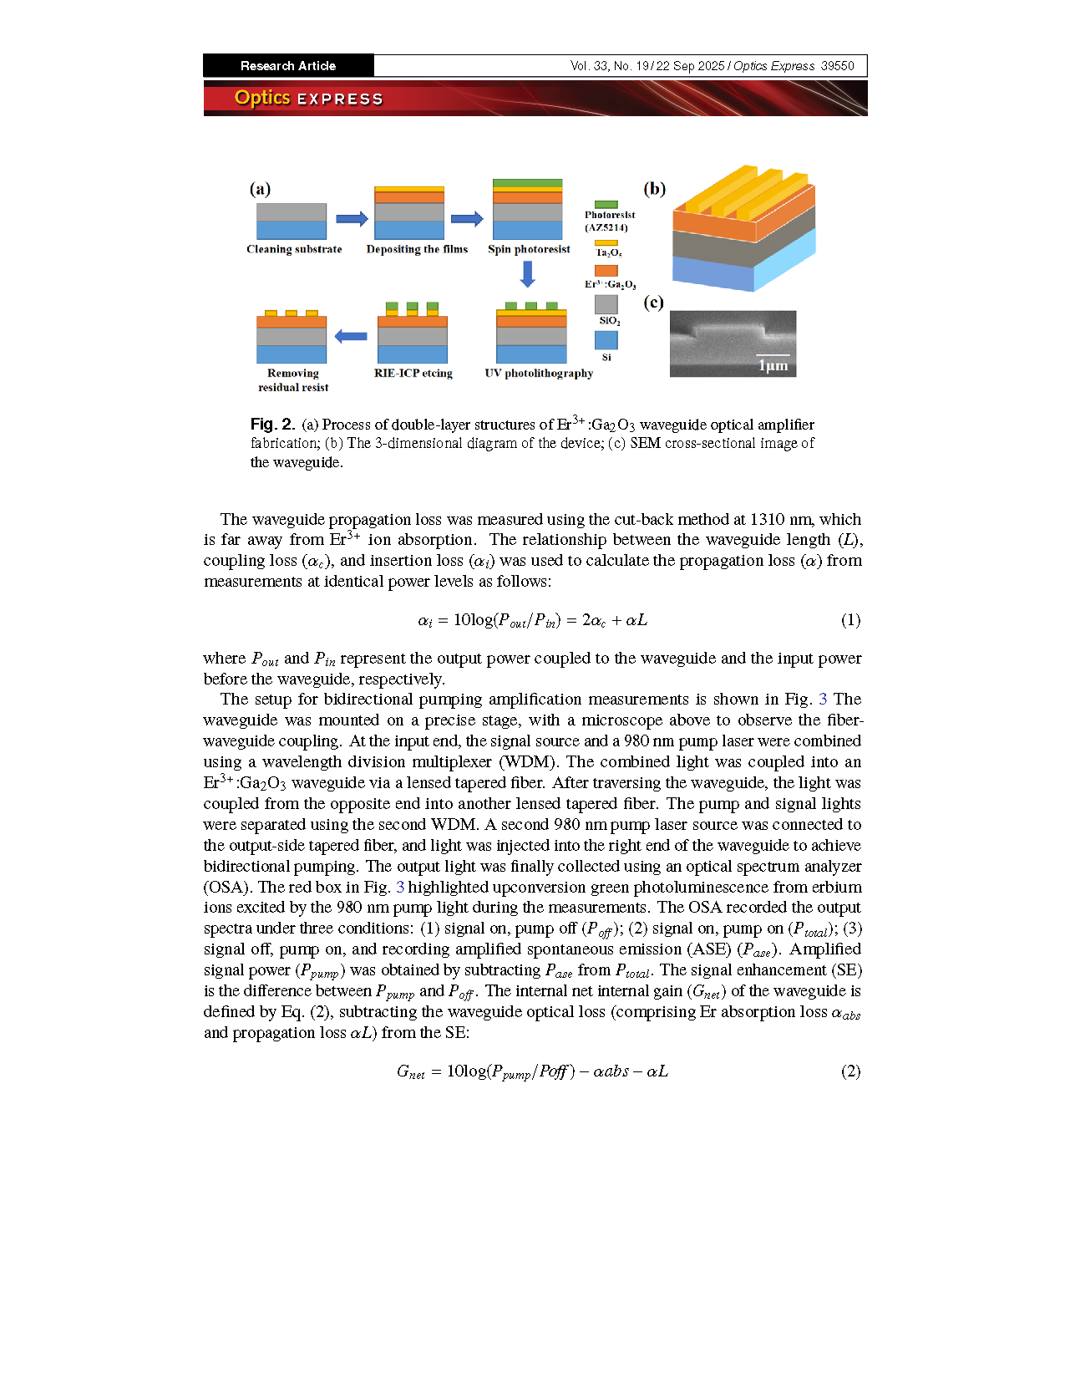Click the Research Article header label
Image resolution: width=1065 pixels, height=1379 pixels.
[x=287, y=66]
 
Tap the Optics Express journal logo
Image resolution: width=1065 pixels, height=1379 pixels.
[x=308, y=98]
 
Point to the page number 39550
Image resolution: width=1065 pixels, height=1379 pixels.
[x=837, y=66]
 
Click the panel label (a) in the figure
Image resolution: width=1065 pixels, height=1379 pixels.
[x=260, y=189]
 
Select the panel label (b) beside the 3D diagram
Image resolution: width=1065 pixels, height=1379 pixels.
[x=654, y=189]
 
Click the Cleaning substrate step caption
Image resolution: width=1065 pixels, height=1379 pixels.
[x=294, y=249]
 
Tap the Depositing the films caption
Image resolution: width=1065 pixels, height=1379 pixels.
[x=417, y=249]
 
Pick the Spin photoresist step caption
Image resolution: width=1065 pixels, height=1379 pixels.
[x=529, y=249]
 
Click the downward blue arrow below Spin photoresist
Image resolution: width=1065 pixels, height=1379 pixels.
[x=527, y=273]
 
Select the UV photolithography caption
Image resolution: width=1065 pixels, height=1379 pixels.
[x=539, y=374]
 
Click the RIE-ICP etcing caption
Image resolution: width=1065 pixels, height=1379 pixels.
[x=413, y=374]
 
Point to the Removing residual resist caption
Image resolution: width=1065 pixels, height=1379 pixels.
[x=293, y=380]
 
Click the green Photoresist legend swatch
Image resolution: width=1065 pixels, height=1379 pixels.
[x=606, y=205]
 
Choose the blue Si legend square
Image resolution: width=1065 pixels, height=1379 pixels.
[x=606, y=340]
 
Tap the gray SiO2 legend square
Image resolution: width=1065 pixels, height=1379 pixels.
[x=606, y=304]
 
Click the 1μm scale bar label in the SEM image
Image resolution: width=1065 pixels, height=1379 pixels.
[x=773, y=366]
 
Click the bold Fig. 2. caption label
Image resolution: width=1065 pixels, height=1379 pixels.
[x=272, y=425]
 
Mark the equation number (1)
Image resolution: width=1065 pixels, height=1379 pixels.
[x=850, y=620]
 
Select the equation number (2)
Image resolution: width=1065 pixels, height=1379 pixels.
[x=850, y=1071]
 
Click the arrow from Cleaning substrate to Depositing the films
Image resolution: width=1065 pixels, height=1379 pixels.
[x=352, y=219]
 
